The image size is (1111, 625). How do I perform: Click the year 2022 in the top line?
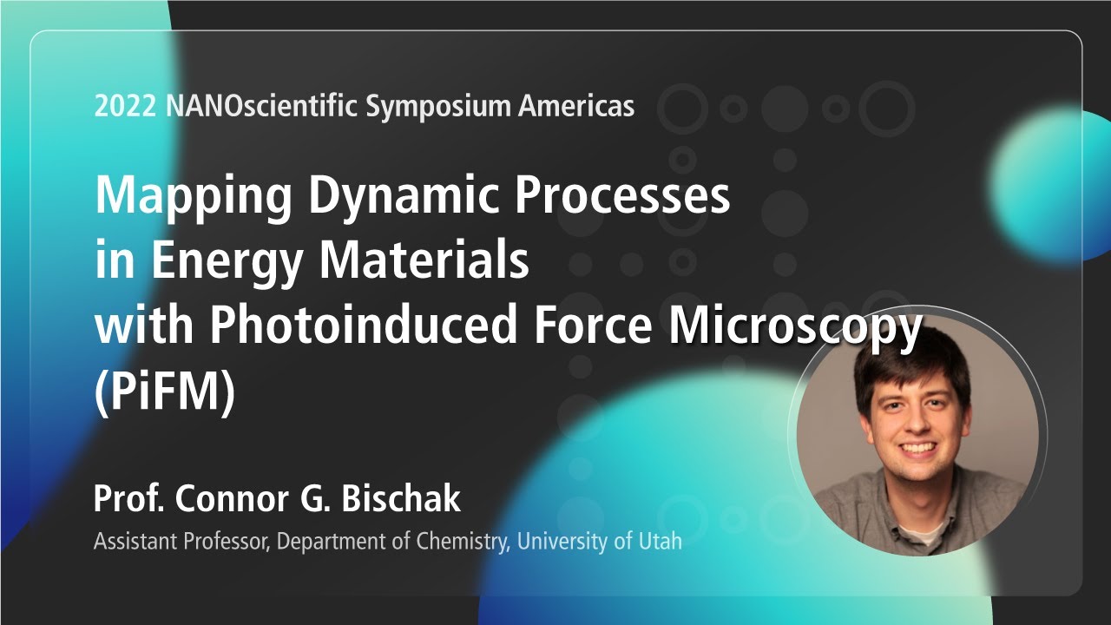pos(125,106)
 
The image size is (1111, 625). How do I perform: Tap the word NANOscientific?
pos(260,106)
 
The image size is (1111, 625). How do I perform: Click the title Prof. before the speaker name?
pos(130,499)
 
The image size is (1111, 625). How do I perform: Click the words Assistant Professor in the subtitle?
pos(181,542)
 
